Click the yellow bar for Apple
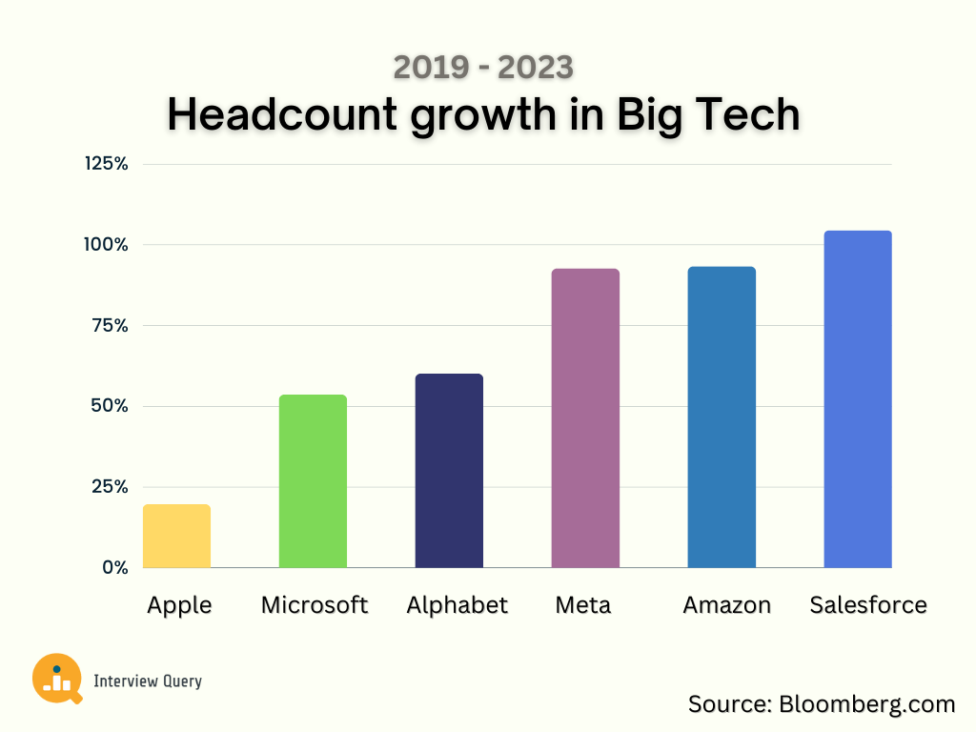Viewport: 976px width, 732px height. point(176,536)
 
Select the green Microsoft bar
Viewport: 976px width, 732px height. point(313,481)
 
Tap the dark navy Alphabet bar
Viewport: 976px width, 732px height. point(449,471)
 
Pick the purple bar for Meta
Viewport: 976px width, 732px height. point(585,418)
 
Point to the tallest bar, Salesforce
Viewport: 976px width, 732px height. point(858,399)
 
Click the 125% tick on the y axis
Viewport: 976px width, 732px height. point(106,164)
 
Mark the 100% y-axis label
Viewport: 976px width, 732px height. point(106,245)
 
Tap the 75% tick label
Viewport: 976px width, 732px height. point(109,326)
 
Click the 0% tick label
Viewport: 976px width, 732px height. point(113,567)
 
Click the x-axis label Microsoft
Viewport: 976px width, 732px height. point(314,605)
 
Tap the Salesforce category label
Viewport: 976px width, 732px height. point(867,605)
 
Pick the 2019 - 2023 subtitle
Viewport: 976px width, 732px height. point(483,68)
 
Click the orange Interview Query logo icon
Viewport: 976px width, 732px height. point(56,679)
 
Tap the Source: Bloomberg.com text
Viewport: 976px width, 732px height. point(821,704)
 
